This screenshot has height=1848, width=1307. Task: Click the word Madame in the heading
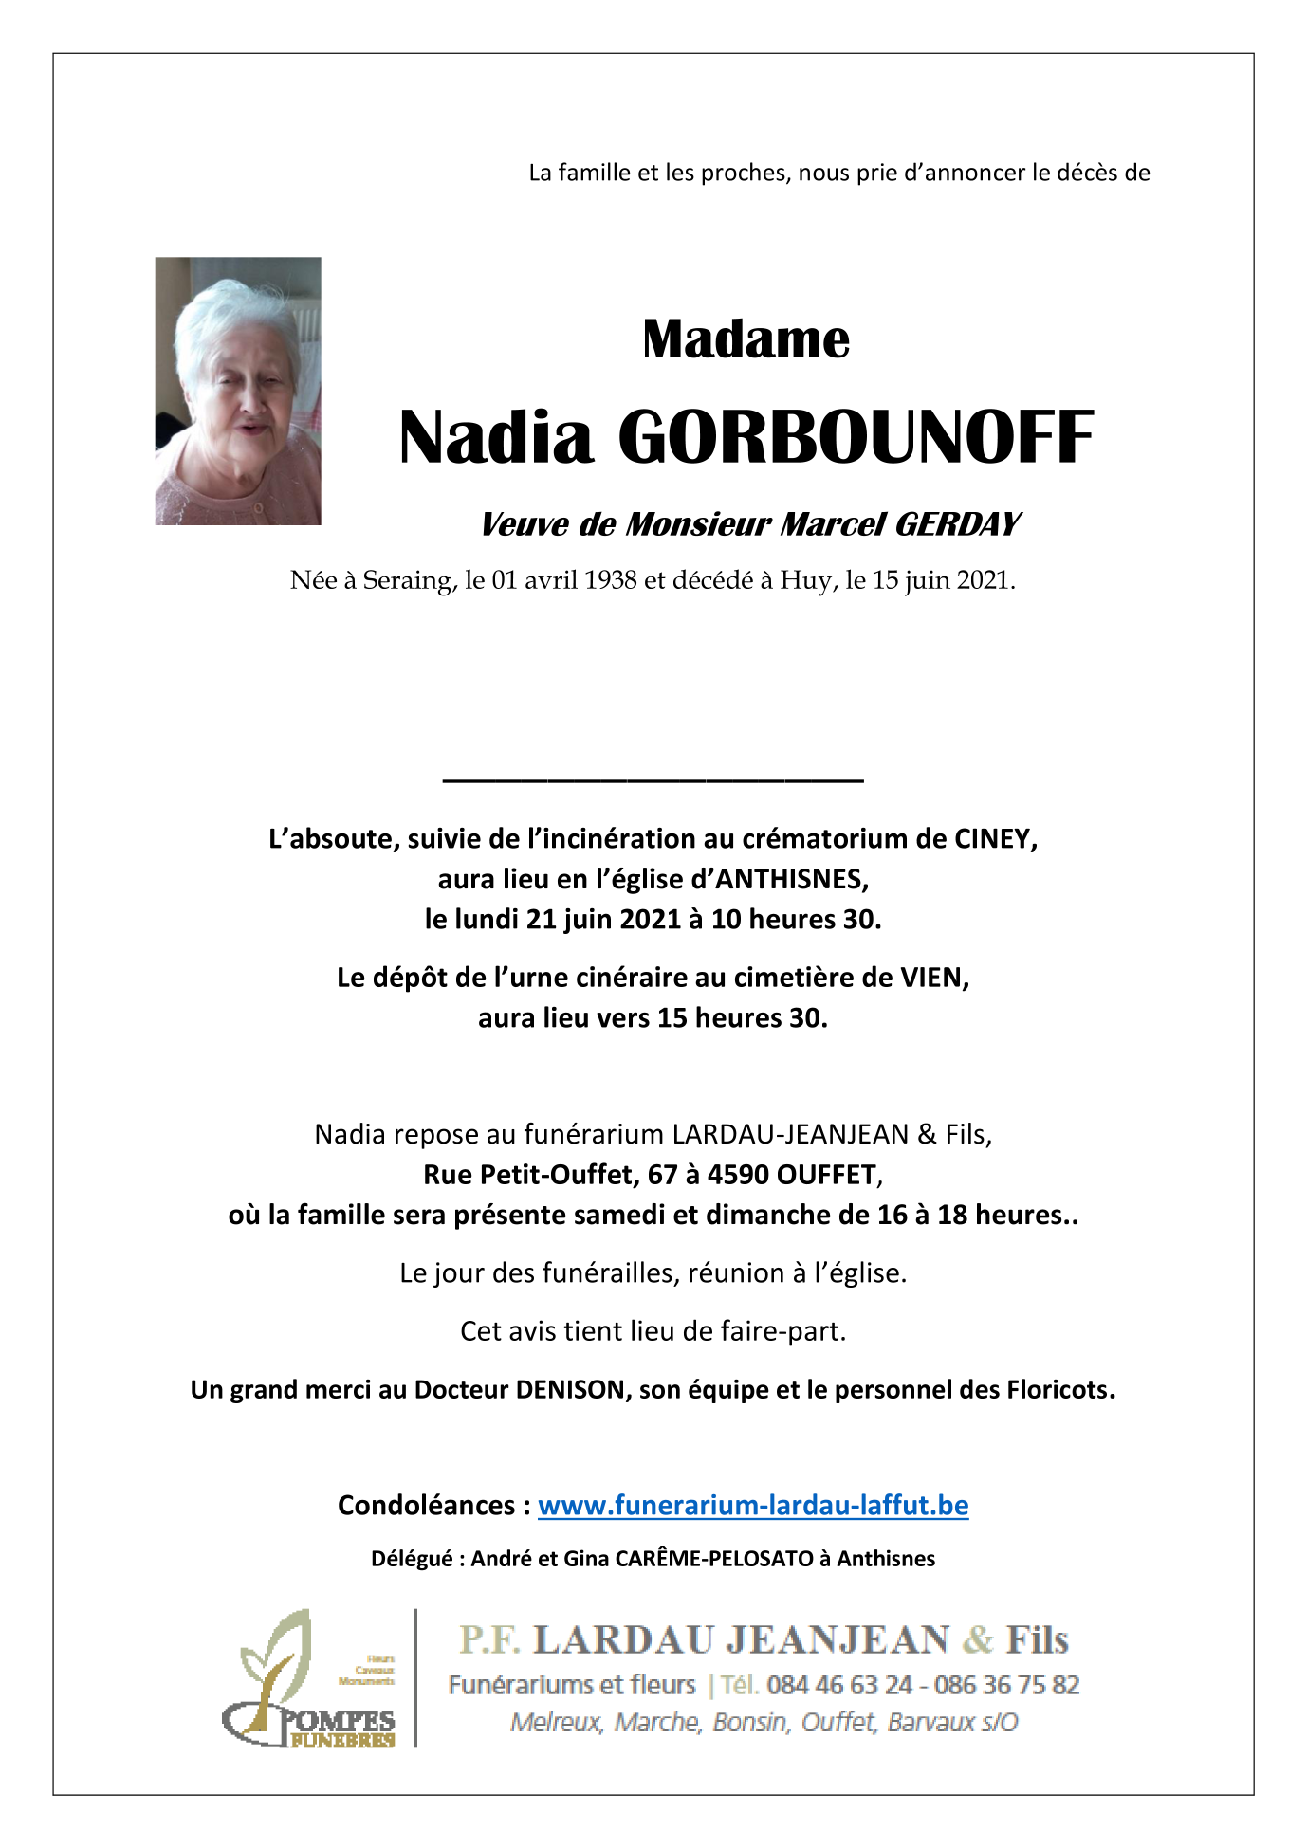[746, 339]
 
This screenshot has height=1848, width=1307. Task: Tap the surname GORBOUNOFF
[856, 438]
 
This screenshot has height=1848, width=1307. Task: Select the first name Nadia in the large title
[495, 438]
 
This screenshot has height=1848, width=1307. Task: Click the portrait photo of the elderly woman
[238, 391]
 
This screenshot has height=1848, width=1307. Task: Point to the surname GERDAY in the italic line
[957, 524]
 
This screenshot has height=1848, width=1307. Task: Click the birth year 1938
[610, 580]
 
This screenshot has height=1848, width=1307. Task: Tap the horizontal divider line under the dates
[653, 780]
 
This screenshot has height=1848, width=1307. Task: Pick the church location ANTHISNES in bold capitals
[790, 880]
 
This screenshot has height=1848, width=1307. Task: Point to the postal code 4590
[738, 1175]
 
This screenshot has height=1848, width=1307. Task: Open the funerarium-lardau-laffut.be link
[753, 1506]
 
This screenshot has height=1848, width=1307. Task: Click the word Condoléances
[426, 1506]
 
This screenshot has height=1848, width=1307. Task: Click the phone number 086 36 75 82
[1006, 1685]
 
